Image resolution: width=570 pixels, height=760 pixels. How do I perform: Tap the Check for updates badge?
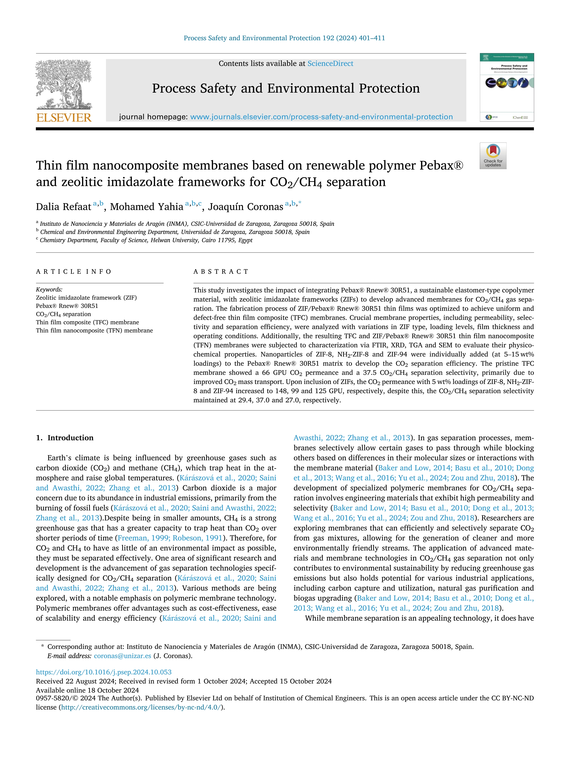493,156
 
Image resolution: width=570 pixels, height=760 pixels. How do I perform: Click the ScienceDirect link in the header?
330,64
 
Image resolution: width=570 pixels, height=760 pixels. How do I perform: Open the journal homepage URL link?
321,117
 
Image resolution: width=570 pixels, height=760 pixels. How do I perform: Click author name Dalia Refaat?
64,207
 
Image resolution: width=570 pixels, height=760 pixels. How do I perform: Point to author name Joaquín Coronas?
246,207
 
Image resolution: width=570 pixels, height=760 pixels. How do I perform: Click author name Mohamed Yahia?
146,207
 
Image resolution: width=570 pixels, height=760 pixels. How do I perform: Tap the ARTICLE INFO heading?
74,271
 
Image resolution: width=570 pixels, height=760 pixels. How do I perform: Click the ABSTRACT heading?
221,271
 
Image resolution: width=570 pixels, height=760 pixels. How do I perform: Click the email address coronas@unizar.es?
122,656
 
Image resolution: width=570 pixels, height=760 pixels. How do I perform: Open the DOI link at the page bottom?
103,672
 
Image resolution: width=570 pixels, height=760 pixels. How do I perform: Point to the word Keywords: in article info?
49,289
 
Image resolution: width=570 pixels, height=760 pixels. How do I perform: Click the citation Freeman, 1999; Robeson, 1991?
170,538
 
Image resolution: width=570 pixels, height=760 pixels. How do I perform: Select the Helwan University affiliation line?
146,240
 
